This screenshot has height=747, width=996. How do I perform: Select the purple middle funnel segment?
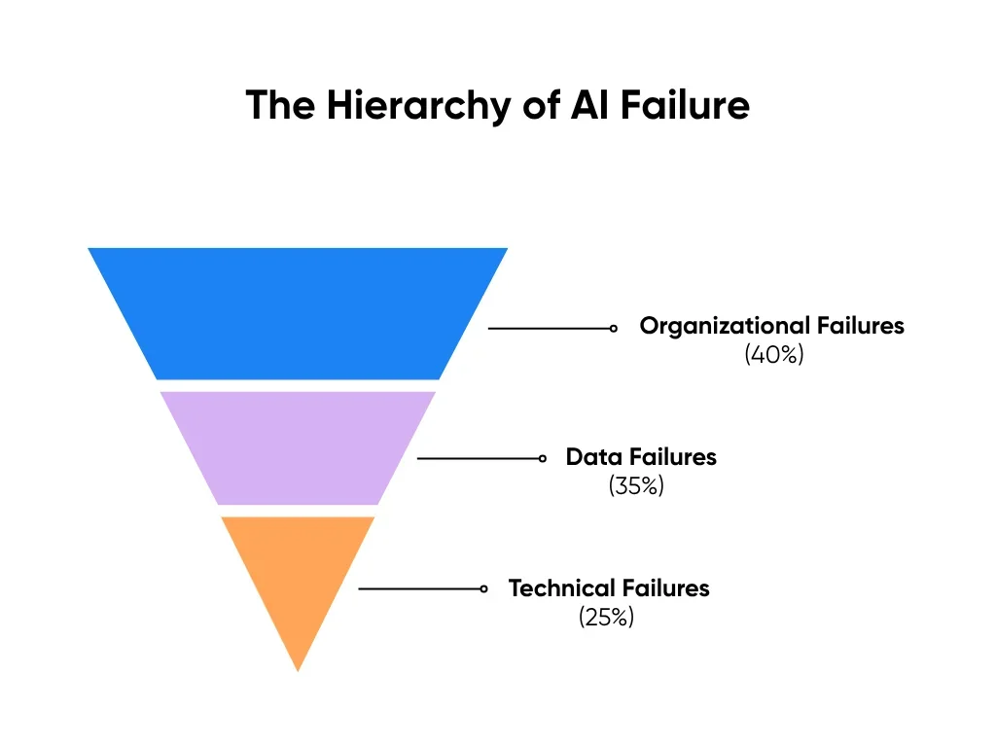click(298, 447)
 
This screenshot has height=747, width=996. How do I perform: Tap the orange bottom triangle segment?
click(298, 574)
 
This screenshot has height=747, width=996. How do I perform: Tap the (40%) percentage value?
click(774, 355)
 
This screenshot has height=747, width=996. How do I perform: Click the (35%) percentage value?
click(636, 485)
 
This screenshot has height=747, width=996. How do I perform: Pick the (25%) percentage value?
click(606, 617)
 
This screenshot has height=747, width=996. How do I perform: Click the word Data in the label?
click(593, 457)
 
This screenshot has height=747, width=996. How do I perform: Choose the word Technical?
click(562, 588)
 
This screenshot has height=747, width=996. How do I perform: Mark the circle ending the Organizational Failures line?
click(614, 329)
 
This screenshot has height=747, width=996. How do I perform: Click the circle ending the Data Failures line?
click(542, 458)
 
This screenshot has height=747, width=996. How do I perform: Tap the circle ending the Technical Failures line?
click(483, 588)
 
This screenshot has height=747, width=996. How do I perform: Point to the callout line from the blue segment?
click(550, 329)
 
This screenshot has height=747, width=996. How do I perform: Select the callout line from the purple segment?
click(479, 458)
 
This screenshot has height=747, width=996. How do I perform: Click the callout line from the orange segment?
click(420, 588)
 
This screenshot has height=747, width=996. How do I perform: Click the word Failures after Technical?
click(666, 588)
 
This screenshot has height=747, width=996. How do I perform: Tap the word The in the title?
click(281, 104)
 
